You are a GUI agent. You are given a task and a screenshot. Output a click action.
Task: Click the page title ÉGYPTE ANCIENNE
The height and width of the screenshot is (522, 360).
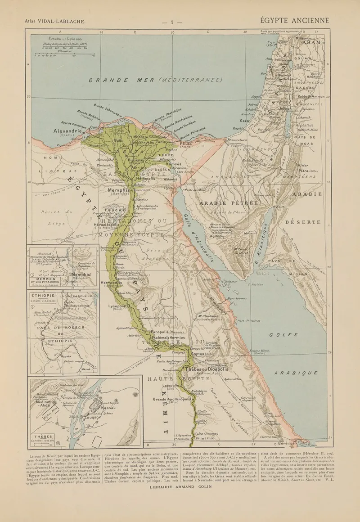click(294, 21)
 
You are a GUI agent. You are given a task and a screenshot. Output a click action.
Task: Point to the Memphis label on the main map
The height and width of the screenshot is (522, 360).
click(118, 190)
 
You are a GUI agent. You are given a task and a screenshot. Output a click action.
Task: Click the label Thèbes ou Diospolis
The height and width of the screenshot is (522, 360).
click(207, 369)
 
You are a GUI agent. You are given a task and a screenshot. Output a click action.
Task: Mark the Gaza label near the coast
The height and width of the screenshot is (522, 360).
click(245, 121)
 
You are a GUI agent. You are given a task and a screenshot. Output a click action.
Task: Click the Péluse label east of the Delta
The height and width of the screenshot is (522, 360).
click(186, 143)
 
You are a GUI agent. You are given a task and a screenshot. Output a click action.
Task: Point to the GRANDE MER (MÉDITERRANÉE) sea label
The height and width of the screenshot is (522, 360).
click(155, 80)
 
